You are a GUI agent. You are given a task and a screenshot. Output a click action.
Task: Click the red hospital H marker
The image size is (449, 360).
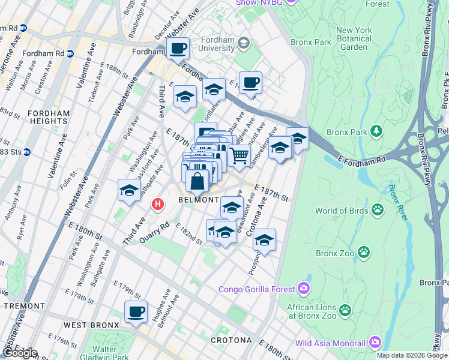coord(158,205)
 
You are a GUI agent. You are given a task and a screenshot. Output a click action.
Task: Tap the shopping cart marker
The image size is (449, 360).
coord(240,156)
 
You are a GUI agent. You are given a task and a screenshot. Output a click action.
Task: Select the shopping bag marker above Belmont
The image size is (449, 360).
coord(197,180)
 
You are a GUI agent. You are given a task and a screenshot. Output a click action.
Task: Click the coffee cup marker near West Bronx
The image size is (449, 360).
coord(136,312)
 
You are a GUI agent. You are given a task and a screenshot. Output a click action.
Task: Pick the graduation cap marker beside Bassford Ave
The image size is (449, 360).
coord(129,190)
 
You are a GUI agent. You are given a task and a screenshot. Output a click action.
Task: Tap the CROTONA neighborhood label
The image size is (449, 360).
coord(231,340)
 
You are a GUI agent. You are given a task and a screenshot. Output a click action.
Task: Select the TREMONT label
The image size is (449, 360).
coord(24,306)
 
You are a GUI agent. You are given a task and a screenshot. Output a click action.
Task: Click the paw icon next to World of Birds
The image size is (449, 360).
coord(378,210)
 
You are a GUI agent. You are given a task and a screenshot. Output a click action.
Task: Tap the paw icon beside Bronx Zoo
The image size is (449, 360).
coord(364,253)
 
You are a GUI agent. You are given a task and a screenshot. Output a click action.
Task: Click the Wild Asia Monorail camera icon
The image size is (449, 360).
coord(376,343)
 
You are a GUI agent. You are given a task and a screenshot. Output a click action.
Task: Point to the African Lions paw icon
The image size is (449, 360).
coord(345,310)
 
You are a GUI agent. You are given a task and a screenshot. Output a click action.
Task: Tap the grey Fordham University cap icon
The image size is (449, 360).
coord(244,43)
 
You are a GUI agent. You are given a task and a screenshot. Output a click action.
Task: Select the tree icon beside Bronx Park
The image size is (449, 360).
coord(376,131)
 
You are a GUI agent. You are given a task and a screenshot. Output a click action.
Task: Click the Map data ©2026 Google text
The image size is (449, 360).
coord(412,355)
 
